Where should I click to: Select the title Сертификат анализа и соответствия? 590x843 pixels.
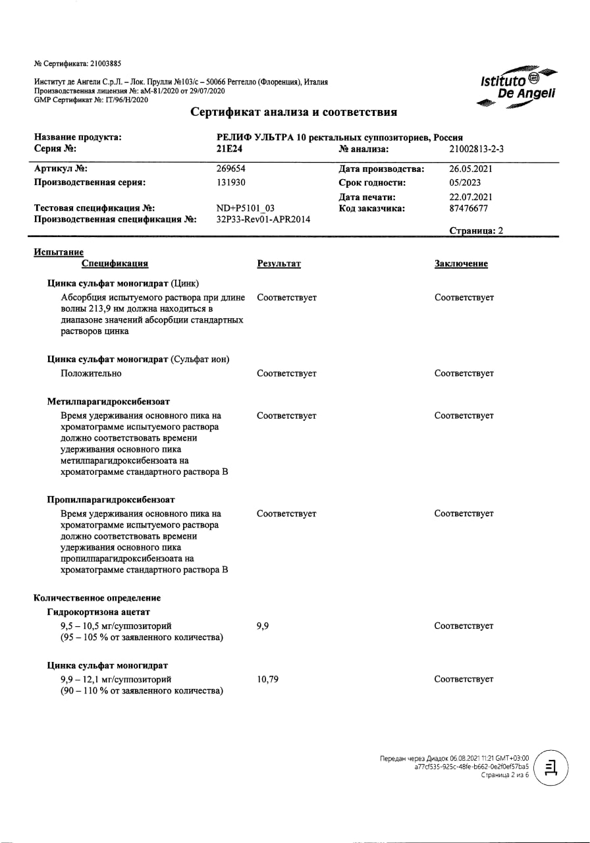click(294, 112)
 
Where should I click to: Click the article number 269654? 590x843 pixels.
click(231, 169)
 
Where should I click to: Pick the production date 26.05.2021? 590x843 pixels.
click(471, 169)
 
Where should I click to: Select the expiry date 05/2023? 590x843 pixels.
click(464, 182)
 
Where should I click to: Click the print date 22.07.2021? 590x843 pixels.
click(471, 196)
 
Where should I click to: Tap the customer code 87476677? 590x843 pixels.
click(468, 208)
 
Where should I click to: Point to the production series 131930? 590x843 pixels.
click(231, 182)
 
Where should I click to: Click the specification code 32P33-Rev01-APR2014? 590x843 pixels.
click(263, 219)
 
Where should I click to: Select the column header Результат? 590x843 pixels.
click(279, 263)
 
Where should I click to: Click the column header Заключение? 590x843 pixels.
click(461, 263)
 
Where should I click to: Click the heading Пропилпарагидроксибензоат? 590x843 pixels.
click(111, 499)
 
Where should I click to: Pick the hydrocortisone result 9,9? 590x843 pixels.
click(263, 626)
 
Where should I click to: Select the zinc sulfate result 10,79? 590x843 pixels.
click(267, 679)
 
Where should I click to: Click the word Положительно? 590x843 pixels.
click(91, 373)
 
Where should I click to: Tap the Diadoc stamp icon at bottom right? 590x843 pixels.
click(551, 767)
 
